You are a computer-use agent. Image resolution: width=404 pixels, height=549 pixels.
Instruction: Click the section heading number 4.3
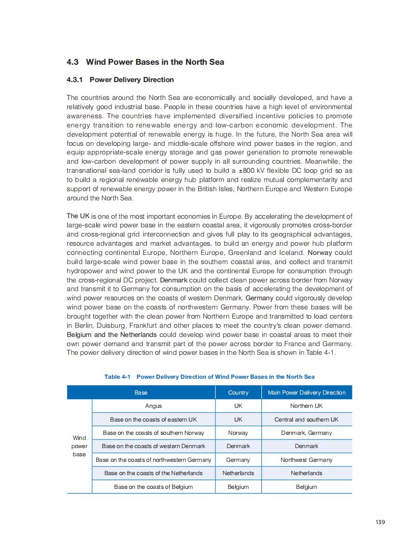pyautogui.click(x=72, y=62)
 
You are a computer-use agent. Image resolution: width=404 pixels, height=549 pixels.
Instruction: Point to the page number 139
pyautogui.click(x=380, y=522)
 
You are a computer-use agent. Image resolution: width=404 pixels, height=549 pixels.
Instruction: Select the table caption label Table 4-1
pyautogui.click(x=118, y=377)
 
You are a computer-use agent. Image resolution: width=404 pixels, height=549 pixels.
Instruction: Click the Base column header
pyautogui.click(x=141, y=393)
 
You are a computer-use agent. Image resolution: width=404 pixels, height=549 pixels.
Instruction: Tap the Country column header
pyautogui.click(x=238, y=393)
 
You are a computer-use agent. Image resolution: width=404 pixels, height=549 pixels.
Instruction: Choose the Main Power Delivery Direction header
pyautogui.click(x=306, y=393)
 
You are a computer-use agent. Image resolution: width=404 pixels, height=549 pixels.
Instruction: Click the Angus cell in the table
pyautogui.click(x=153, y=406)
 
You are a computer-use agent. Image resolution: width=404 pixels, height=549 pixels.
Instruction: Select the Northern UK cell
pyautogui.click(x=306, y=406)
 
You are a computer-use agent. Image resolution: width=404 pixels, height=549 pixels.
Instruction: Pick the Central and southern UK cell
pyautogui.click(x=306, y=420)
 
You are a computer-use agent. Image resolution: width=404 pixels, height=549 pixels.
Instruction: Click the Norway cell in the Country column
pyautogui.click(x=238, y=433)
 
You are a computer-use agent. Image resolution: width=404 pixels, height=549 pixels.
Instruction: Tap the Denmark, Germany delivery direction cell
pyautogui.click(x=306, y=433)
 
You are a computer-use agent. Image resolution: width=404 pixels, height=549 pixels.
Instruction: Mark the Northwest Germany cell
pyautogui.click(x=306, y=460)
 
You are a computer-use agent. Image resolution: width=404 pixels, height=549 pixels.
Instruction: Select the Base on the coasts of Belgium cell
pyautogui.click(x=153, y=487)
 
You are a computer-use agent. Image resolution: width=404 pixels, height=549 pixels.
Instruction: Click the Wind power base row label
pyautogui.click(x=79, y=446)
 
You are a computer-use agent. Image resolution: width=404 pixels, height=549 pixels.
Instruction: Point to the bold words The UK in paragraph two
pyautogui.click(x=78, y=216)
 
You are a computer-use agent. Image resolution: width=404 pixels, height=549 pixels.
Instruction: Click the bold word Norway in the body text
pyautogui.click(x=323, y=253)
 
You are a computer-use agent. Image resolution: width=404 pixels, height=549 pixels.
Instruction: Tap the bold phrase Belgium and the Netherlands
pyautogui.click(x=112, y=335)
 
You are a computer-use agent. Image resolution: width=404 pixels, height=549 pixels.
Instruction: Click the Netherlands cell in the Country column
pyautogui.click(x=238, y=473)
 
